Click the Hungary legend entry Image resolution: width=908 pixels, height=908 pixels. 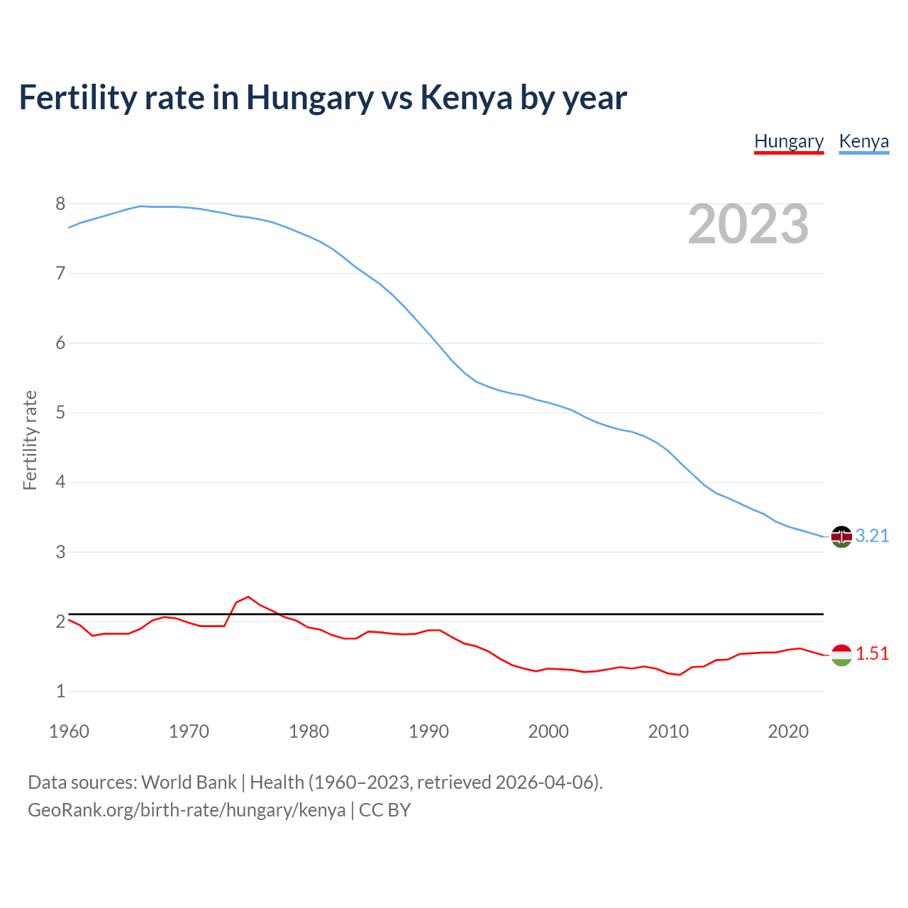tap(789, 141)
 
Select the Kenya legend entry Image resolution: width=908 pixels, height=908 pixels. tap(863, 141)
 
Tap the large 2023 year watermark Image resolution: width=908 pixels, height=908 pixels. tap(748, 224)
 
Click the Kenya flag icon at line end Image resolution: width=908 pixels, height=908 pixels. tap(841, 537)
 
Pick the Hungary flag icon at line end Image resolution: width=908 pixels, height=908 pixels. tap(841, 655)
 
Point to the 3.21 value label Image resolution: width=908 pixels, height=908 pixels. tap(872, 536)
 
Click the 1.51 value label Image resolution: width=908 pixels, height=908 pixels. tap(872, 654)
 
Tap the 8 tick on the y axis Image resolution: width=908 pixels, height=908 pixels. tap(60, 204)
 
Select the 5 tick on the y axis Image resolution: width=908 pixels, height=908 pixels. tap(60, 413)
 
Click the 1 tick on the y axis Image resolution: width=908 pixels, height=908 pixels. tap(60, 692)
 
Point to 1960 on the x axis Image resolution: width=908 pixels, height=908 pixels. tap(69, 731)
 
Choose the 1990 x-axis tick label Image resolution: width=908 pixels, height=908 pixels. tap(428, 731)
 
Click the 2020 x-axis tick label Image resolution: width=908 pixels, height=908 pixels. tap(788, 731)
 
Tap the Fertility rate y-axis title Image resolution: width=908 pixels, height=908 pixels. tap(30, 440)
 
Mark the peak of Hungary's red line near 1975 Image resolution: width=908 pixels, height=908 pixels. tap(248, 597)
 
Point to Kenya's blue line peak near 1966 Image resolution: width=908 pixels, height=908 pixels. tap(140, 206)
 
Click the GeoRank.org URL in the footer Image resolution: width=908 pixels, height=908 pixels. tap(187, 810)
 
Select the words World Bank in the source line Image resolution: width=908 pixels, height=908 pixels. tap(189, 782)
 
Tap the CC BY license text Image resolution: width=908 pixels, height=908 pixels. tap(384, 810)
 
